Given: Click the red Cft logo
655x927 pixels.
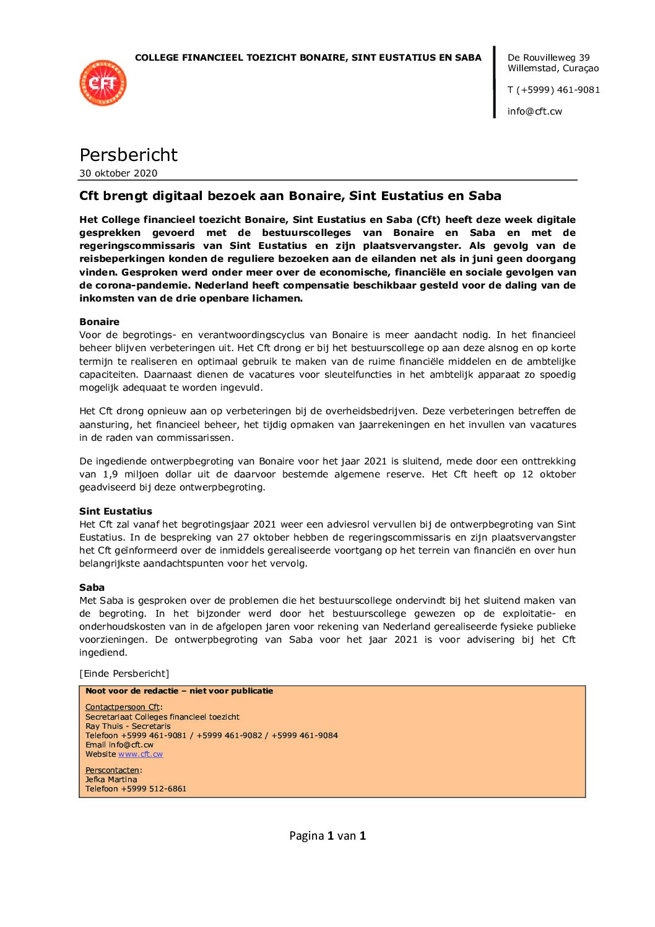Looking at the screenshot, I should [103, 83].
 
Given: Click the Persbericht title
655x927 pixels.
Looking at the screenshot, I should [128, 155].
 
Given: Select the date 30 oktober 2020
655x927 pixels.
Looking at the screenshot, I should [118, 173].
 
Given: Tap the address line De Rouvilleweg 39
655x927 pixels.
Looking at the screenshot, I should [549, 58].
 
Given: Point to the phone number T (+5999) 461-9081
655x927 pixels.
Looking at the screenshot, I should [553, 90].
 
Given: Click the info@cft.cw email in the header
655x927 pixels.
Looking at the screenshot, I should [534, 111].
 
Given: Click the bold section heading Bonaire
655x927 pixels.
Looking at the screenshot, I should [99, 322].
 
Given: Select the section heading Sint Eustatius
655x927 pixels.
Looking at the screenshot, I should [115, 511].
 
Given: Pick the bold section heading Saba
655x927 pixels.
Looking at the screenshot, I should [92, 588].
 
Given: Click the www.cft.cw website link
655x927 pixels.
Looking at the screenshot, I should [141, 754].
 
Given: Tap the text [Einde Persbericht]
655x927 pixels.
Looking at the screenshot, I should [124, 674].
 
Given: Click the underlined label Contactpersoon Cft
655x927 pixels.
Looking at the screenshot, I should [123, 707].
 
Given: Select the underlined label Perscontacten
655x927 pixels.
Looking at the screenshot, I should [113, 770].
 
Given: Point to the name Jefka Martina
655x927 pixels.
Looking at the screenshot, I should [111, 780].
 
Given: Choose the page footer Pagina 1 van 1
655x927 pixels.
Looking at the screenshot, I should [327, 836].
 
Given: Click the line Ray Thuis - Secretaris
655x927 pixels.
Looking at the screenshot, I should [128, 726].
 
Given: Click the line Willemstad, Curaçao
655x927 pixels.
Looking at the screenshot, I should [553, 68].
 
